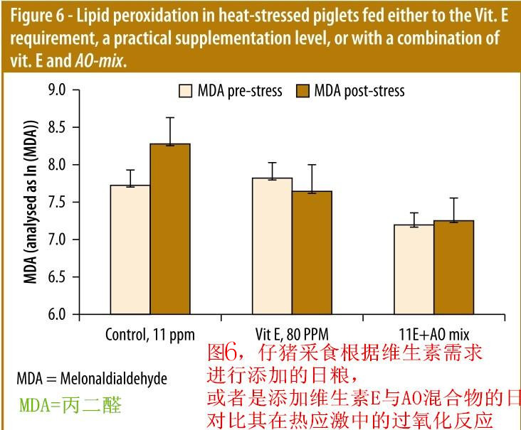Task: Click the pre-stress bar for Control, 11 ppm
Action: (130, 249)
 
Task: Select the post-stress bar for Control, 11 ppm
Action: (170, 228)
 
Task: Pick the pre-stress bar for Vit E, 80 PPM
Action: (273, 245)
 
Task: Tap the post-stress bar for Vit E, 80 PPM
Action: (312, 252)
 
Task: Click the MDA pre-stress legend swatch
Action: (186, 91)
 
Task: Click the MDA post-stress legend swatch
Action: (302, 91)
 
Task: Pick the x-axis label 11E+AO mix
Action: (433, 334)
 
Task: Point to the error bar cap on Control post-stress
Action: (170, 118)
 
